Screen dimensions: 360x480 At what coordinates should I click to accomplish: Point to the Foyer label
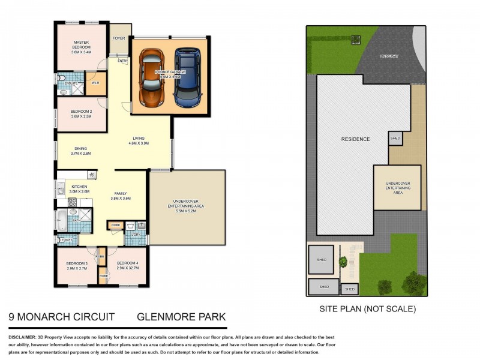119,38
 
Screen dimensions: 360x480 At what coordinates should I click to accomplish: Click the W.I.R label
95,83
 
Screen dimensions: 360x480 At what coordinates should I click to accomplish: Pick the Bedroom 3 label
77,265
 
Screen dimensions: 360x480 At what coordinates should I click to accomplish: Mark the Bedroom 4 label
128,265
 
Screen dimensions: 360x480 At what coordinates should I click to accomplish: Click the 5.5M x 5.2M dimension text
186,211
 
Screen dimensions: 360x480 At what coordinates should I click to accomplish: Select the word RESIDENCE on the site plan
355,139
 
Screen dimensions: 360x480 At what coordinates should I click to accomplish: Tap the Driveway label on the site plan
389,56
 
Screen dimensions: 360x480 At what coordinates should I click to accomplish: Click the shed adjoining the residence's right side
395,138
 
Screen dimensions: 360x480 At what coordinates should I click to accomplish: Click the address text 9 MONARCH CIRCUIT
61,316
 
